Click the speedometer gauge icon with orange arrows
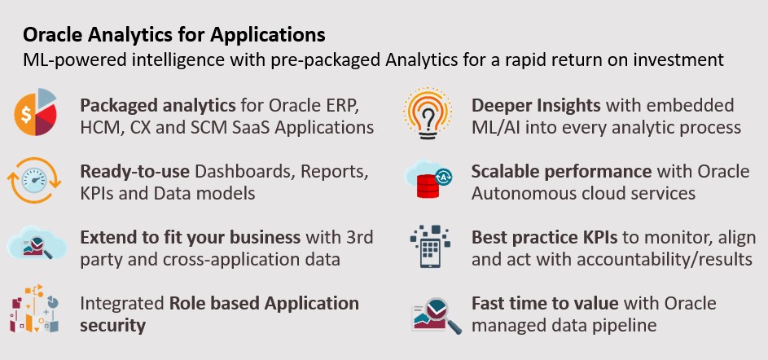(x=34, y=180)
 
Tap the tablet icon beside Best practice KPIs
(x=430, y=246)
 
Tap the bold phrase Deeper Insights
(x=536, y=106)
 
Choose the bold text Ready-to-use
(x=135, y=173)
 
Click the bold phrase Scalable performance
(x=561, y=173)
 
